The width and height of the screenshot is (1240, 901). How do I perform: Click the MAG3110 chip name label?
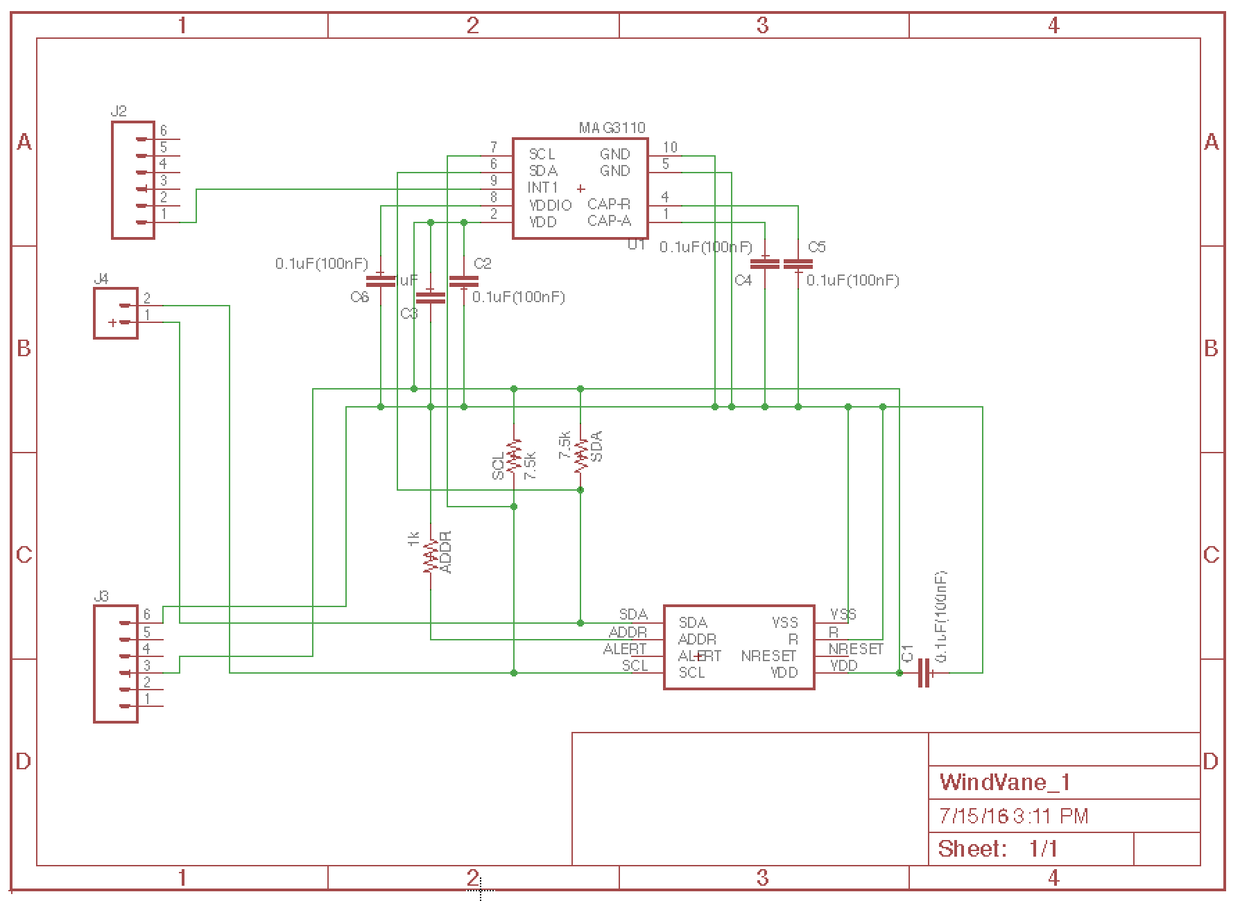pos(612,128)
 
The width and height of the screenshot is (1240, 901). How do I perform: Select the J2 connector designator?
pos(119,111)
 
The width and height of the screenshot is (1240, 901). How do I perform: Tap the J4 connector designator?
pos(101,279)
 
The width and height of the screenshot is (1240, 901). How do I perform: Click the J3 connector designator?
pos(101,596)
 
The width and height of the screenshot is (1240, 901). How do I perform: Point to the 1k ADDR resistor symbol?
pos(431,556)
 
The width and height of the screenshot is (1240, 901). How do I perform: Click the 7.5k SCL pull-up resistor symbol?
pos(514,455)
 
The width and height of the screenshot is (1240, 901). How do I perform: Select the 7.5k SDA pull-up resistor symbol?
pos(580,455)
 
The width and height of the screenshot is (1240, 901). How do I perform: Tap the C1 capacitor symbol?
pos(924,673)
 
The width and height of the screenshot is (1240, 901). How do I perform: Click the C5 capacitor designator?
pos(816,247)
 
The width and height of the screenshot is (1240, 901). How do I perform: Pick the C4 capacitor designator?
pos(743,280)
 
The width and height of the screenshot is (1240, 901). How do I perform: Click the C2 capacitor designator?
pos(482,263)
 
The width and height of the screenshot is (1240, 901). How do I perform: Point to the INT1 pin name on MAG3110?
pos(542,188)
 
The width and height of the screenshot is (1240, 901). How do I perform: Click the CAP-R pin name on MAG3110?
pos(609,204)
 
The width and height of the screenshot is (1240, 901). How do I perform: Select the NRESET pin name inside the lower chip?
pos(768,656)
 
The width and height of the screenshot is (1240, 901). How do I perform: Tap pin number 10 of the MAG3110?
pos(670,147)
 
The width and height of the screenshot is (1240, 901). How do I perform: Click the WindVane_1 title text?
pos(1004,782)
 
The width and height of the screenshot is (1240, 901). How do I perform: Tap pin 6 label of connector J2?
pos(164,130)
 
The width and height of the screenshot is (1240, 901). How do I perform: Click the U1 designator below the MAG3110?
pos(636,244)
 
